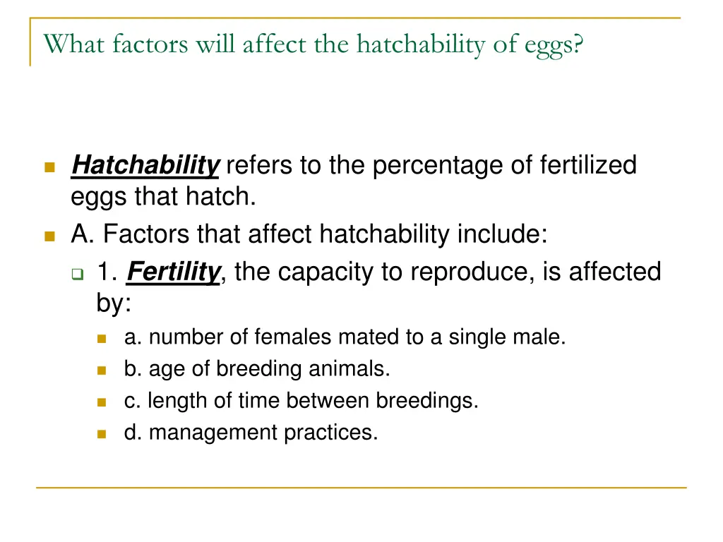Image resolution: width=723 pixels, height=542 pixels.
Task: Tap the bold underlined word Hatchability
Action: [x=145, y=166]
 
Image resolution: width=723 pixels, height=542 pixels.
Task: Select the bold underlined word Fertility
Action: [x=174, y=272]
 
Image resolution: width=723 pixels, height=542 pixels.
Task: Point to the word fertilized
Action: [x=587, y=166]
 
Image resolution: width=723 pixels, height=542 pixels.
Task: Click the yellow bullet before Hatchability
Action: [x=49, y=167]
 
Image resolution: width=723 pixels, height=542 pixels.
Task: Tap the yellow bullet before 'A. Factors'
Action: [x=49, y=236]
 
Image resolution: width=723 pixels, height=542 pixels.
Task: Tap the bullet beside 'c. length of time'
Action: [x=102, y=402]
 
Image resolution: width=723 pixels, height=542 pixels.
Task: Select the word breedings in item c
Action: [x=426, y=401]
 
